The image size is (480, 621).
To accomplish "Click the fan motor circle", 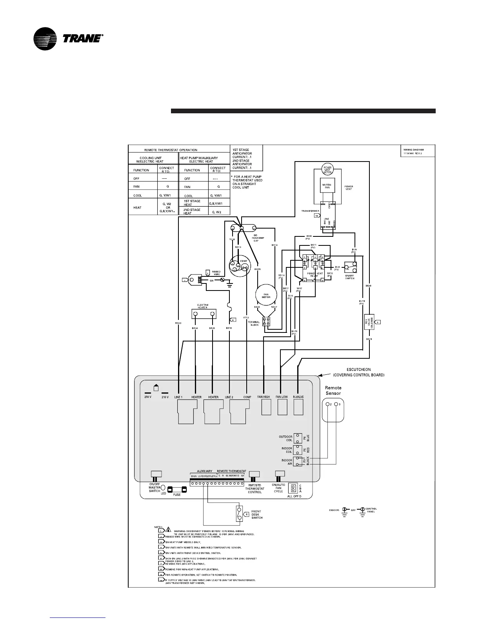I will pyautogui.click(x=266, y=295).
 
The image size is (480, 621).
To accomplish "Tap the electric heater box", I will pyautogui.click(x=203, y=314).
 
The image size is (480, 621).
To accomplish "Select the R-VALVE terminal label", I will pyautogui.click(x=298, y=397).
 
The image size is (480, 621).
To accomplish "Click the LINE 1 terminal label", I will pyautogui.click(x=178, y=397).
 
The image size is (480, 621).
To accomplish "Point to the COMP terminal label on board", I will pyautogui.click(x=247, y=397).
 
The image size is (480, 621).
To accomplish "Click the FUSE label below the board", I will pyautogui.click(x=177, y=495).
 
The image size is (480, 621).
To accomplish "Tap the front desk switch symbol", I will pyautogui.click(x=239, y=514).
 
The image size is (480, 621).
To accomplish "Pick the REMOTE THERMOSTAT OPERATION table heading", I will pyautogui.click(x=171, y=150).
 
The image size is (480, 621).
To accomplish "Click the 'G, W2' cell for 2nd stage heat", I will pyautogui.click(x=216, y=212).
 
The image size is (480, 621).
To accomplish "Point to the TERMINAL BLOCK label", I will pyautogui.click(x=254, y=324).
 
